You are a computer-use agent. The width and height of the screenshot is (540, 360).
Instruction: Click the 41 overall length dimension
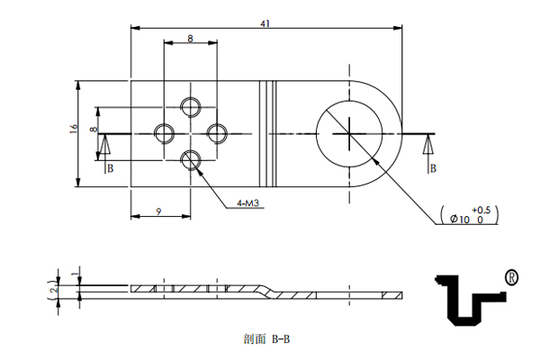pyautogui.click(x=265, y=23)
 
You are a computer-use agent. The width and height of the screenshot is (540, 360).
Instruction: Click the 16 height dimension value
pyautogui.click(x=74, y=129)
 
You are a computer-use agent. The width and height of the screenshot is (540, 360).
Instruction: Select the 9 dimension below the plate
pyautogui.click(x=158, y=211)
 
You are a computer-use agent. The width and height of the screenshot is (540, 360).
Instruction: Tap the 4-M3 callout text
pyautogui.click(x=247, y=203)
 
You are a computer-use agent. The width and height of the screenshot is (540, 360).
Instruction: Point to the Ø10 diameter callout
pyautogui.click(x=460, y=219)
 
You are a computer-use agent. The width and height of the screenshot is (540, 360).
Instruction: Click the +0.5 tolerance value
pyautogui.click(x=481, y=210)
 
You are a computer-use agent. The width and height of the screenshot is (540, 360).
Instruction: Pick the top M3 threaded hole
pyautogui.click(x=191, y=107)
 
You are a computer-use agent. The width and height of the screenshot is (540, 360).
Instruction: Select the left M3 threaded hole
pyautogui.click(x=164, y=134)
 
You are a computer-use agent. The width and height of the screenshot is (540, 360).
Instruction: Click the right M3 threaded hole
pyautogui.click(x=217, y=134)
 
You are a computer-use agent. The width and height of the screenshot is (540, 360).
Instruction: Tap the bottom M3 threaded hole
pyautogui.click(x=191, y=160)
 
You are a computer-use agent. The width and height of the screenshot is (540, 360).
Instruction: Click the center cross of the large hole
pyautogui.click(x=349, y=134)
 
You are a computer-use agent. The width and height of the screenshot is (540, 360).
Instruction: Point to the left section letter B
pyautogui.click(x=110, y=168)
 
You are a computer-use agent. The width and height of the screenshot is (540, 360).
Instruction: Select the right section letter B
pyautogui.click(x=433, y=168)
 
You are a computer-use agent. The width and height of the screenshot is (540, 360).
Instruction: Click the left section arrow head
pyautogui.click(x=105, y=144)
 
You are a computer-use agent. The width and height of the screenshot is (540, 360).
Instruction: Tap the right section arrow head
pyautogui.click(x=428, y=144)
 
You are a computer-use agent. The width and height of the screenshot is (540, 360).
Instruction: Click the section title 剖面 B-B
pyautogui.click(x=266, y=339)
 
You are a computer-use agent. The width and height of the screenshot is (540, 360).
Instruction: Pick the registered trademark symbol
pyautogui.click(x=511, y=277)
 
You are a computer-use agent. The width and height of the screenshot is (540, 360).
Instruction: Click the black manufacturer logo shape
pyautogui.click(x=471, y=300)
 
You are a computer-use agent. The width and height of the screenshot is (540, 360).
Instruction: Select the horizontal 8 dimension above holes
pyautogui.click(x=191, y=38)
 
